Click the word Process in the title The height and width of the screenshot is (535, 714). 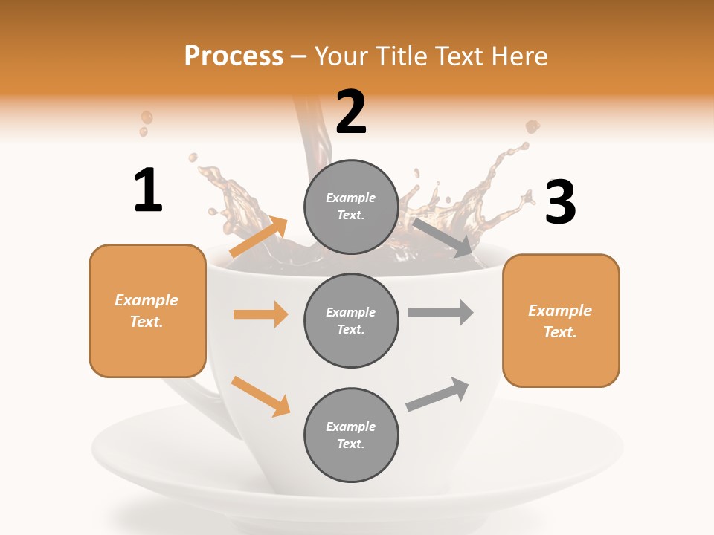[x=234, y=56]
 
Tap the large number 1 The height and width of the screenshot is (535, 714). [x=148, y=191]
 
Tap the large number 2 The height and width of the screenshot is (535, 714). [x=351, y=112]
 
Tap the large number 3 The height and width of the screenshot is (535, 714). [x=560, y=202]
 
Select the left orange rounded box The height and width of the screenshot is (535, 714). [x=147, y=311]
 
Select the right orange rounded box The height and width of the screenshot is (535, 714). [x=561, y=321]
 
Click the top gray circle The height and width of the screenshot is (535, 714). [x=351, y=207]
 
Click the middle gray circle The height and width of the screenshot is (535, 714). [x=351, y=321]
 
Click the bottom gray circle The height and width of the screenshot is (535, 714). [x=351, y=435]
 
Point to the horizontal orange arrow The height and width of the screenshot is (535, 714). [x=260, y=314]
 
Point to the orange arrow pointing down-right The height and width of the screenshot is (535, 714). [x=260, y=396]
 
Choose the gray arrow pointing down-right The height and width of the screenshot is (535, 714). [x=443, y=238]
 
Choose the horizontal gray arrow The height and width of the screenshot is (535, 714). [x=440, y=312]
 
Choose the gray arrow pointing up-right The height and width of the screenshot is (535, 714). [x=437, y=395]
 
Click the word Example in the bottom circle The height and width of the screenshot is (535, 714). [x=350, y=427]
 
